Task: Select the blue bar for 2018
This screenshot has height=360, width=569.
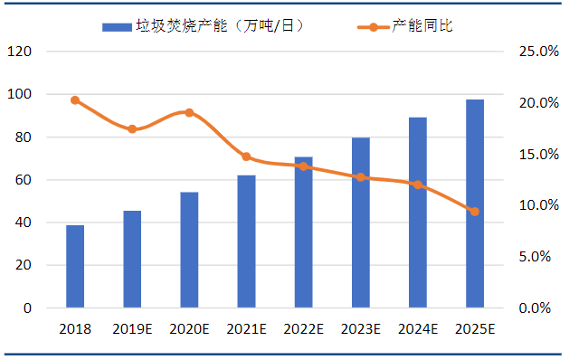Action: click(x=75, y=266)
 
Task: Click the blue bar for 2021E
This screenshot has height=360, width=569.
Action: click(x=246, y=242)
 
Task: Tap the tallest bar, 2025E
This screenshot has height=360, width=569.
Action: click(x=475, y=204)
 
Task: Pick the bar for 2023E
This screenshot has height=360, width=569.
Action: click(x=361, y=223)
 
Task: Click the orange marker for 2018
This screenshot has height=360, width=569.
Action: click(x=75, y=100)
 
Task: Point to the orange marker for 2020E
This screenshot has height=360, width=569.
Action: click(x=189, y=113)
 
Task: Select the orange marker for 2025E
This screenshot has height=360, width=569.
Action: click(x=475, y=212)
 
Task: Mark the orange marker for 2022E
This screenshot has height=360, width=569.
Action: click(x=304, y=166)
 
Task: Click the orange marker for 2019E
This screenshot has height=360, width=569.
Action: click(x=132, y=128)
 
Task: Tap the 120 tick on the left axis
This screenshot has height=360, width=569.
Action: click(x=19, y=52)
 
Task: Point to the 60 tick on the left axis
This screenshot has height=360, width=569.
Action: click(x=24, y=180)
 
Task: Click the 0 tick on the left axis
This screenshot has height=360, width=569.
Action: click(x=27, y=308)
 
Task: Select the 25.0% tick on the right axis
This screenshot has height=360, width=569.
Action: click(x=539, y=52)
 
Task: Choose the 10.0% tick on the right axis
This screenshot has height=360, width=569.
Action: click(x=539, y=205)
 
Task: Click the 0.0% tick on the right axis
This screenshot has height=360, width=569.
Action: click(x=535, y=308)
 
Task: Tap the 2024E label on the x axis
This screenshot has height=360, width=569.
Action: click(x=418, y=329)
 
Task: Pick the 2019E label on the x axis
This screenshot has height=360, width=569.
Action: click(x=132, y=329)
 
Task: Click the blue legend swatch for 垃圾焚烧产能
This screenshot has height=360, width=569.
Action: click(x=117, y=27)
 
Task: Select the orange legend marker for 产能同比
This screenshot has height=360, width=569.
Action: click(x=373, y=27)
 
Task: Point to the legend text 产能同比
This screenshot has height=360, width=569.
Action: click(x=422, y=25)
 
